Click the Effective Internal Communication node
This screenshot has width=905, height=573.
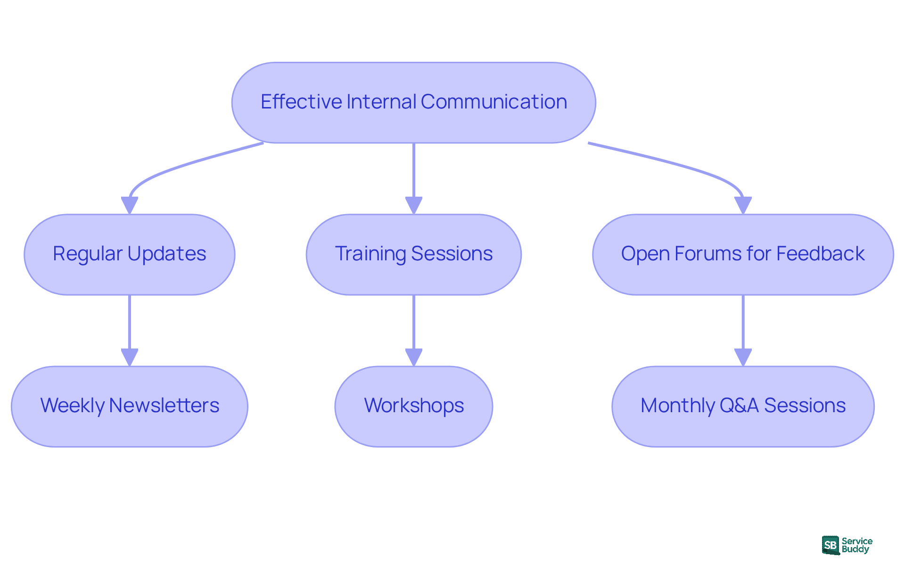(413, 102)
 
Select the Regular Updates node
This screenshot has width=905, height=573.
(129, 255)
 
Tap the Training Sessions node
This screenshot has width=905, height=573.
(413, 255)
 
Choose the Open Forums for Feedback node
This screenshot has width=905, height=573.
(742, 255)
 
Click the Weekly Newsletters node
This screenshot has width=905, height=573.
(129, 406)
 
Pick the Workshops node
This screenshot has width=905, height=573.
(413, 406)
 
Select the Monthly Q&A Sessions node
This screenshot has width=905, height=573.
(742, 406)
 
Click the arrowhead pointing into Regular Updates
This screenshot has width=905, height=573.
(129, 206)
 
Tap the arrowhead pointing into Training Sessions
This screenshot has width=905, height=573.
(413, 206)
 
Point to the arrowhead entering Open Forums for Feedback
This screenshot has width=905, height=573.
(743, 206)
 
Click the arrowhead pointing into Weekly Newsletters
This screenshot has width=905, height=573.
(129, 357)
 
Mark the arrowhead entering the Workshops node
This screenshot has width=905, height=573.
(413, 357)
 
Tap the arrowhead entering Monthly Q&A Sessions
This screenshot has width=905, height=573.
(743, 357)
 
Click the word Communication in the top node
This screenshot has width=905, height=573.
(494, 102)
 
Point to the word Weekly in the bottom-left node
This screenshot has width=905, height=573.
(72, 406)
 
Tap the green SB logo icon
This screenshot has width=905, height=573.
(831, 545)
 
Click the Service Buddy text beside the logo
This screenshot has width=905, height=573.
(856, 545)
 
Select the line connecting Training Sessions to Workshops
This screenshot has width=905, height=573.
(413, 323)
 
